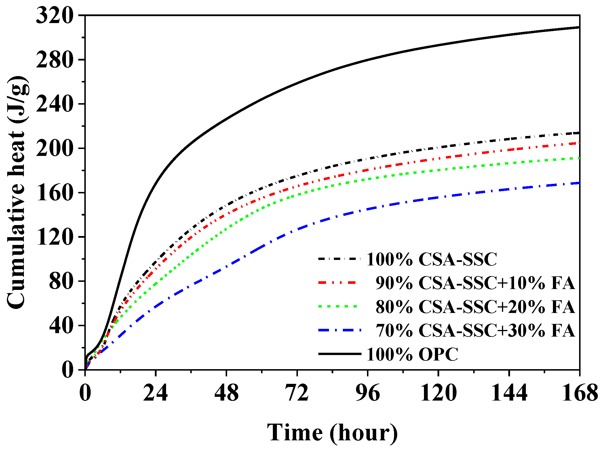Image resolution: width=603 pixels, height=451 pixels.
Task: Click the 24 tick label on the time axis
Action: (x=155, y=393)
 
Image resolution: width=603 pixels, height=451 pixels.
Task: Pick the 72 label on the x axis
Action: (x=297, y=393)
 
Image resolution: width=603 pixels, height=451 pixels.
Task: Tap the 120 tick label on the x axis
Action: (x=438, y=393)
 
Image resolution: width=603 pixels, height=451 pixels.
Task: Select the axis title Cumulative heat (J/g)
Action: (x=18, y=192)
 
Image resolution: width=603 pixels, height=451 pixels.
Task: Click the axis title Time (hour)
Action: (x=332, y=432)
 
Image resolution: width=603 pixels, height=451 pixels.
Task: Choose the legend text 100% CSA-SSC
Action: (x=432, y=259)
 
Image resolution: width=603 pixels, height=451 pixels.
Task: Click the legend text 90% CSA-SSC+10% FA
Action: (x=475, y=283)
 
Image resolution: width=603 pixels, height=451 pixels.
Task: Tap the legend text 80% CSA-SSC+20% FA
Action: (x=475, y=307)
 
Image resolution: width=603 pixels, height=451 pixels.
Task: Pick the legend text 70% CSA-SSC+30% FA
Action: (x=475, y=330)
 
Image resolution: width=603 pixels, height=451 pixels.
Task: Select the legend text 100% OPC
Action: (x=412, y=354)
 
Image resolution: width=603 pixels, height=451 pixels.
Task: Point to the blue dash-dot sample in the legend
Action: (x=340, y=330)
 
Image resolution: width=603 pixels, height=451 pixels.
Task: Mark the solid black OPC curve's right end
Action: (x=579, y=27)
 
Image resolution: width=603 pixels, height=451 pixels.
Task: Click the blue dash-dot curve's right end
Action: (x=579, y=183)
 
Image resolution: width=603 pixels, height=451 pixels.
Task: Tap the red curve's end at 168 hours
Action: (x=579, y=143)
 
